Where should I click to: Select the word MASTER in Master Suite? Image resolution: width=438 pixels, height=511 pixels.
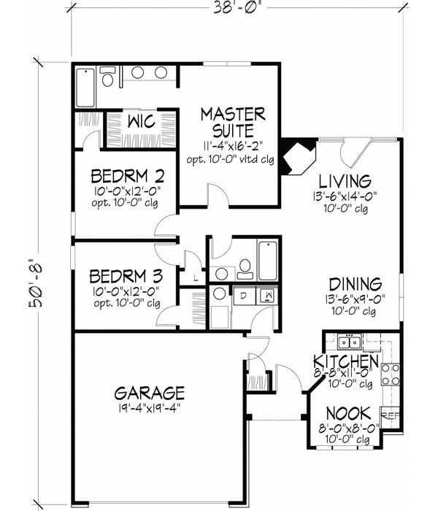(x=233, y=114)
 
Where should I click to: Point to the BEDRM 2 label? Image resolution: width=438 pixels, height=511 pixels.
(x=128, y=176)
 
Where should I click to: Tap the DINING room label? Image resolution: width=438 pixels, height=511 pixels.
(x=355, y=283)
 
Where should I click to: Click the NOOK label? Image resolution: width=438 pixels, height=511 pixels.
(x=348, y=412)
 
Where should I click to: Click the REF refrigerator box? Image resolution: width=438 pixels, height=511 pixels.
(x=391, y=416)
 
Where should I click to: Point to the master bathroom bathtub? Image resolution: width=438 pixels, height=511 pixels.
(x=85, y=88)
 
